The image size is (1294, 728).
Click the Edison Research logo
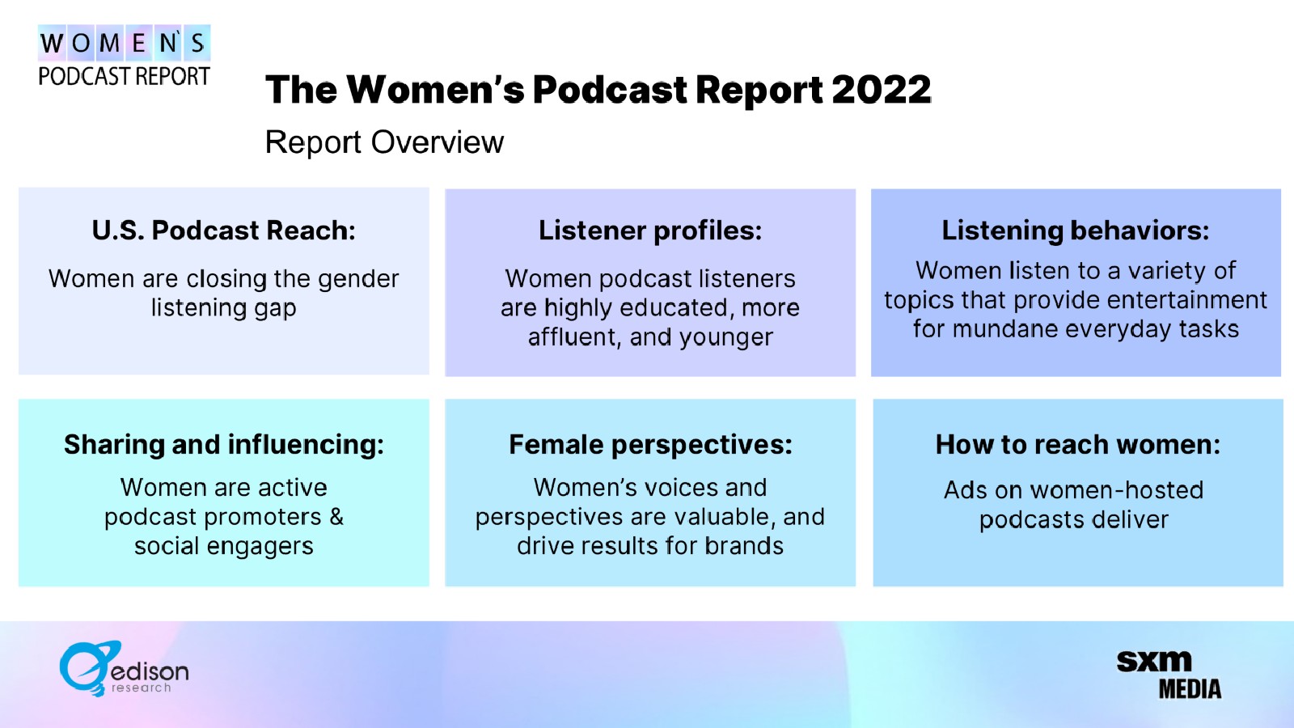[124, 668]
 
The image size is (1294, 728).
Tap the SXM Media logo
[1169, 675]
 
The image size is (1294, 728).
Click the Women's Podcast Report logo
[125, 56]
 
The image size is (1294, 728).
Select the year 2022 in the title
[882, 90]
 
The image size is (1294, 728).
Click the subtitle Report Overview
[384, 142]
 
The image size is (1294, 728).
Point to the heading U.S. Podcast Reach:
[223, 231]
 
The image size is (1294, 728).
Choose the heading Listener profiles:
[650, 231]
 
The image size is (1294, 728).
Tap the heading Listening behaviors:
[1076, 231]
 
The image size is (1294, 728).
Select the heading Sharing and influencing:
[223, 445]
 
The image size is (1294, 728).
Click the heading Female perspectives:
[650, 445]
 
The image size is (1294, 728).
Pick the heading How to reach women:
[1078, 445]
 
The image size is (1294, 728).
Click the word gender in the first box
[358, 280]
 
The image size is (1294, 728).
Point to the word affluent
[574, 337]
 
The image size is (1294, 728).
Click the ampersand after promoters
[336, 517]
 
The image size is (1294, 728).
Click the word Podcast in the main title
[610, 90]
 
